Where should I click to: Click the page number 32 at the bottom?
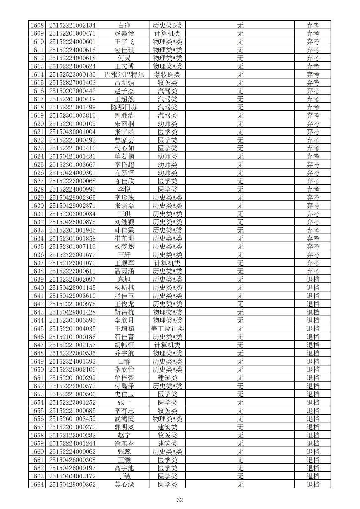(x=180, y=500)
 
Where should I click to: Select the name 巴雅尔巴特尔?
(x=124, y=74)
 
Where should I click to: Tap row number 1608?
(x=37, y=25)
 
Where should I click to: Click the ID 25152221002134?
(x=72, y=25)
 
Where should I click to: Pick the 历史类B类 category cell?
(x=167, y=25)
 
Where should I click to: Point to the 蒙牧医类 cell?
(x=167, y=74)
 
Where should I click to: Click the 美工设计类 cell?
(x=167, y=329)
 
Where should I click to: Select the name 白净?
(x=124, y=25)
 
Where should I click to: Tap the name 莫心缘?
(x=124, y=485)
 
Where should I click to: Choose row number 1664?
(x=37, y=485)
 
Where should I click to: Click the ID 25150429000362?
(x=72, y=485)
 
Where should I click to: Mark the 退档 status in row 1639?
(x=313, y=279)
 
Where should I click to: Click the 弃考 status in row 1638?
(x=313, y=271)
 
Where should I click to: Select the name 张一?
(x=124, y=402)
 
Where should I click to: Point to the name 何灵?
(x=124, y=58)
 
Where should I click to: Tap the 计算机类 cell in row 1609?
(x=167, y=33)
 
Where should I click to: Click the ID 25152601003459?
(x=72, y=419)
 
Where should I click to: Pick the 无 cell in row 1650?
(x=240, y=369)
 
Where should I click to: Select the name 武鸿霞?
(x=124, y=419)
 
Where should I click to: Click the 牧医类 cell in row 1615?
(x=167, y=83)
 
